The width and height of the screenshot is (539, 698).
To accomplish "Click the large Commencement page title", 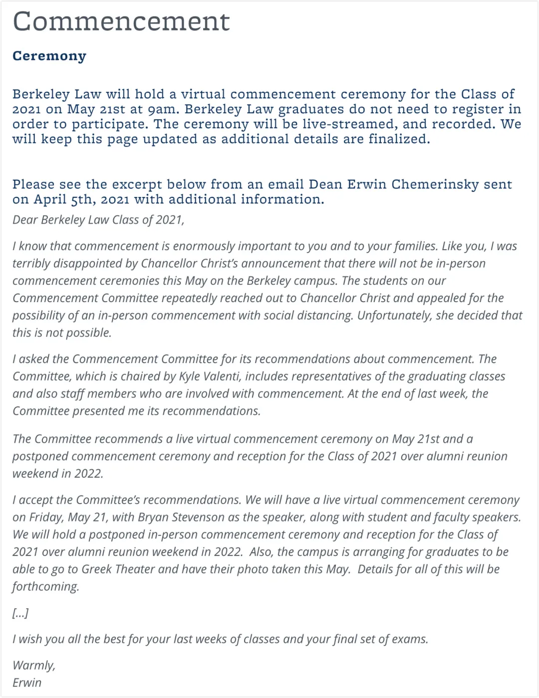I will click(x=121, y=22).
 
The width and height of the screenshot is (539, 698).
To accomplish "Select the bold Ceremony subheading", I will click(x=49, y=56).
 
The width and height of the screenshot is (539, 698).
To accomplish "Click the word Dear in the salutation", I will click(x=25, y=220).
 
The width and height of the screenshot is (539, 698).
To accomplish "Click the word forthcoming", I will click(x=46, y=587).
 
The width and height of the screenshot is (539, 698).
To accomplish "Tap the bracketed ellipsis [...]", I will click(x=20, y=613).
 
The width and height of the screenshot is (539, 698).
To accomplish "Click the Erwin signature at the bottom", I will click(x=27, y=683).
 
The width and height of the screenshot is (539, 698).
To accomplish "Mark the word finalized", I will click(x=399, y=139).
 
